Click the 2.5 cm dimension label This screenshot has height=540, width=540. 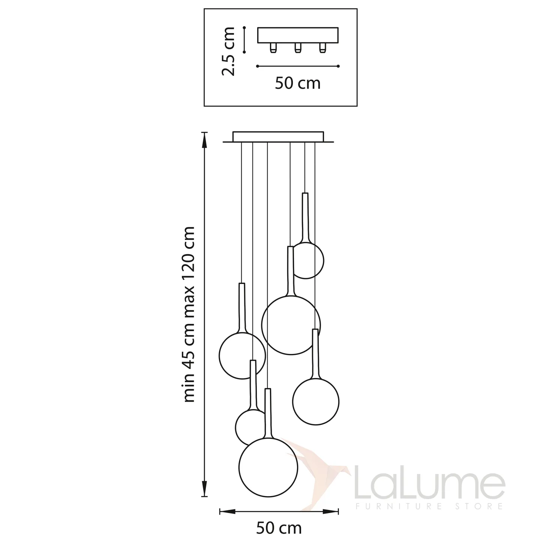[228, 51]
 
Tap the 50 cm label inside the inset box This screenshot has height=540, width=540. [298, 83]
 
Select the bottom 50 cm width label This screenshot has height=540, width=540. [279, 528]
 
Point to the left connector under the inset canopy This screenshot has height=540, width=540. [273, 48]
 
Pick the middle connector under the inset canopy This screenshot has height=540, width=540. [298, 48]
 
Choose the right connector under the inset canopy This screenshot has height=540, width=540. [323, 48]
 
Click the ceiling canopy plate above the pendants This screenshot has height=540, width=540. [278, 137]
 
